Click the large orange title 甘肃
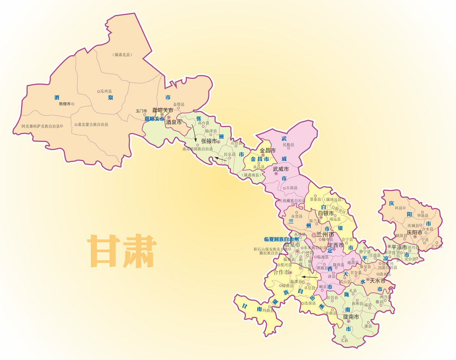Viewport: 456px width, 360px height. point(122,251)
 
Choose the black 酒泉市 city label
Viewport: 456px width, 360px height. point(174,123)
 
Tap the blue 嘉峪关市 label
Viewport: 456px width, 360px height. point(154,119)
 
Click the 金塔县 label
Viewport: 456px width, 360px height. point(179,104)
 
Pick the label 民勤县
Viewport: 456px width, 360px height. point(288,145)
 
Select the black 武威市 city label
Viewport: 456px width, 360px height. point(281,168)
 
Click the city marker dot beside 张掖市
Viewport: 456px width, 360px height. point(218,141)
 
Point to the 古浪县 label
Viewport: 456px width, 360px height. point(292,188)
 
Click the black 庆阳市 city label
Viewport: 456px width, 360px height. point(415,232)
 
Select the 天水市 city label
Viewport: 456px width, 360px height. point(377,281)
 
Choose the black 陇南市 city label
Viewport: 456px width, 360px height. point(351,317)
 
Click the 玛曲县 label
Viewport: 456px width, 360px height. point(279,310)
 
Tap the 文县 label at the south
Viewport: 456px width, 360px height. point(344,340)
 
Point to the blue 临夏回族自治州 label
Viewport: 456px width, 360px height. point(281,239)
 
